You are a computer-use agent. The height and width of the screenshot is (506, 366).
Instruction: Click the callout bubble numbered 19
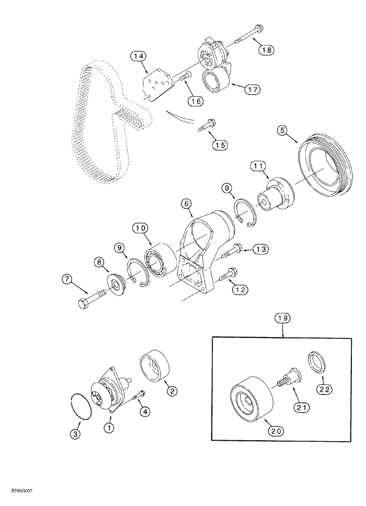tap(283, 319)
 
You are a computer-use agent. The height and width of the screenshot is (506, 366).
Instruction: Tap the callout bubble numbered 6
tap(187, 203)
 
